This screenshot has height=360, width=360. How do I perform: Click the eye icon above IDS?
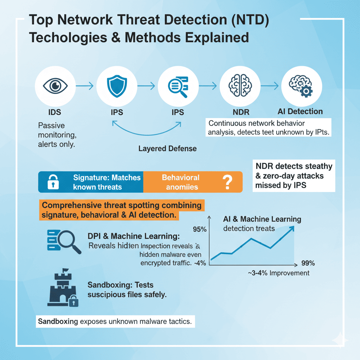(56, 85)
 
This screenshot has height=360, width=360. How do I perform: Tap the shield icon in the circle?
(116, 85)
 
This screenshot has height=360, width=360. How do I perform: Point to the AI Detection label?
(300, 112)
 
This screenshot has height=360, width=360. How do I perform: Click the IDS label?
(55, 112)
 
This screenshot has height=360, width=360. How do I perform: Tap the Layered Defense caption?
(167, 148)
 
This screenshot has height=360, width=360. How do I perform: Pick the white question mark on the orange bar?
(228, 182)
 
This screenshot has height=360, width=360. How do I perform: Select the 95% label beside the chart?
(199, 230)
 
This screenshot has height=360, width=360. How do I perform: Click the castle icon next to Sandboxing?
(62, 288)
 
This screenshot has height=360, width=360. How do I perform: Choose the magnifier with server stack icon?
(63, 240)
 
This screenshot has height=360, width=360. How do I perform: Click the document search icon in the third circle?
(178, 85)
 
